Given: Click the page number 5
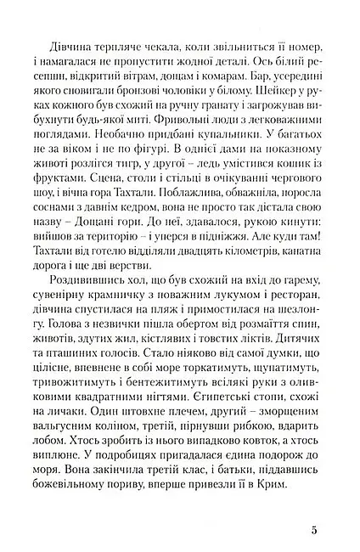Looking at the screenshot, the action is [314, 531].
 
